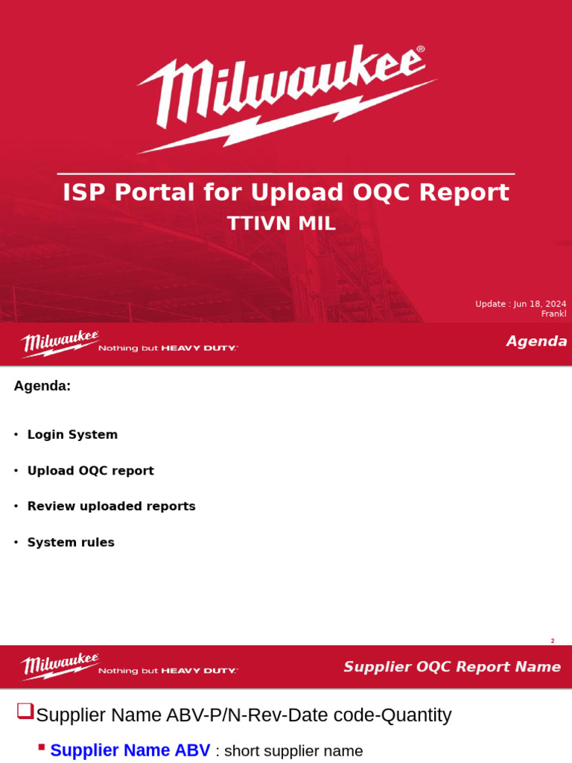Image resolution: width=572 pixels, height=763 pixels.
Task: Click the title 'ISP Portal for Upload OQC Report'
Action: (286, 193)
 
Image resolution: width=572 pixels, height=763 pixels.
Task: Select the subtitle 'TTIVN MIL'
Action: (281, 224)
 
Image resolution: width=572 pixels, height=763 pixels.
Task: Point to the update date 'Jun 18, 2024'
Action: (539, 304)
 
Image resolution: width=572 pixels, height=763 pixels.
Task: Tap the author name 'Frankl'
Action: (553, 314)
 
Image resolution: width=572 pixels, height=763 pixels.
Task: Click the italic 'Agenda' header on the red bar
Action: (536, 341)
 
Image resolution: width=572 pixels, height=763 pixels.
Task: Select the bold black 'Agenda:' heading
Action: (42, 386)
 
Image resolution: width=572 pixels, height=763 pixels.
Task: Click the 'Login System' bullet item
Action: (72, 434)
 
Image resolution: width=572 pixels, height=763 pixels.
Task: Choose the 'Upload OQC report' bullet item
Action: (90, 471)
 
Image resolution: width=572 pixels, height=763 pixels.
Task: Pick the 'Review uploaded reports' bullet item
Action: (111, 507)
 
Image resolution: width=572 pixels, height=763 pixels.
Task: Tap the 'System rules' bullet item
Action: (71, 542)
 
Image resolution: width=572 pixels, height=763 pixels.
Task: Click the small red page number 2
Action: (553, 641)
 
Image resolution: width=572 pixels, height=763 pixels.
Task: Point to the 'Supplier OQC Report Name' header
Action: (452, 667)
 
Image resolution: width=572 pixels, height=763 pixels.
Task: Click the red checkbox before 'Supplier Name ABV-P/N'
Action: (25, 711)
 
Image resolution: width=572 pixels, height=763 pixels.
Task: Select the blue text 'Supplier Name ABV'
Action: (130, 750)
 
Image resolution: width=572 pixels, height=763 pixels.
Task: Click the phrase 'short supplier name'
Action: (293, 751)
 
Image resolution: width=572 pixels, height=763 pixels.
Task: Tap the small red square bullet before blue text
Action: (42, 747)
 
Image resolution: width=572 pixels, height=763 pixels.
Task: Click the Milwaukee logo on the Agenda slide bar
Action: (60, 343)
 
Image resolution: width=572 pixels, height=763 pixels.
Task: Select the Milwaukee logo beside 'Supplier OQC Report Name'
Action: (60, 665)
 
